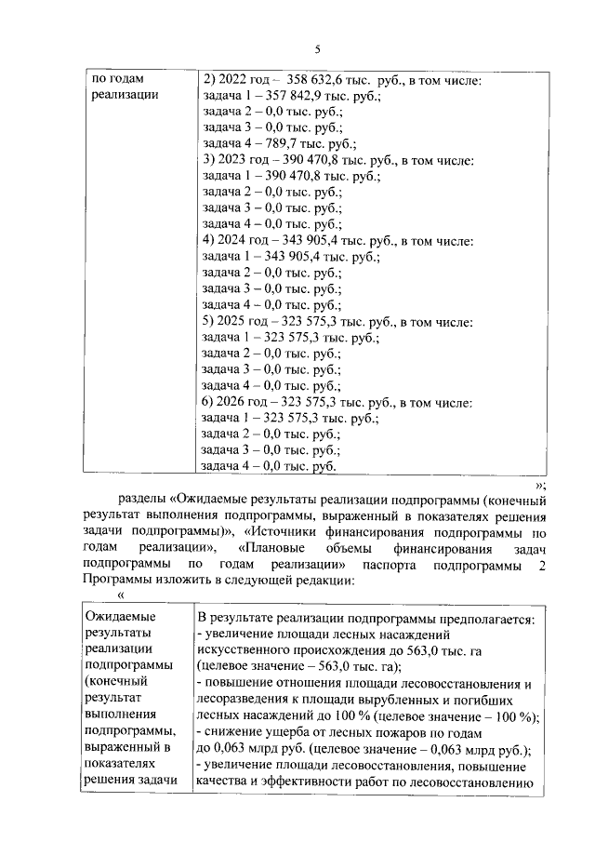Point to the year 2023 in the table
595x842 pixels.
coord(231,161)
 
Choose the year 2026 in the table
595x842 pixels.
coord(231,402)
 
